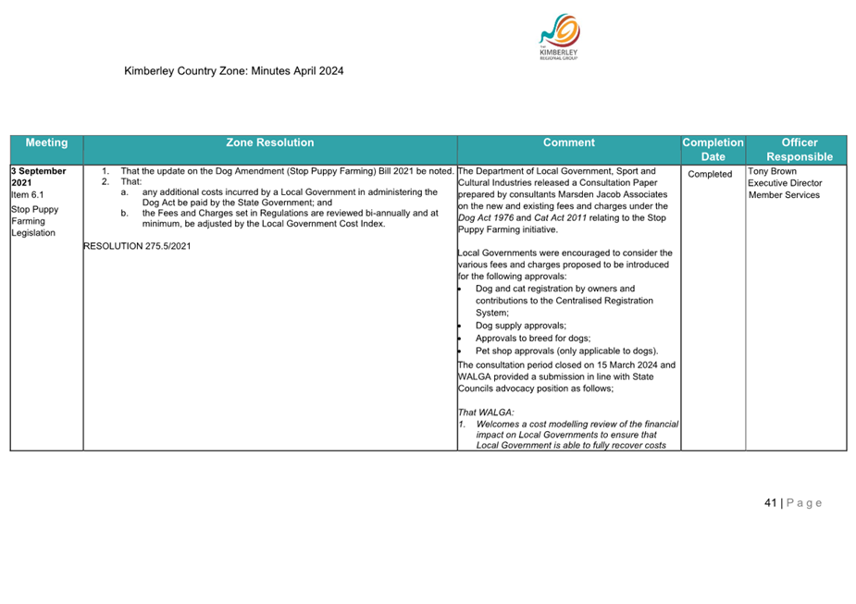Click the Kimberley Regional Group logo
coord(558,38)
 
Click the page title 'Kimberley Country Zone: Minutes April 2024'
coord(234,70)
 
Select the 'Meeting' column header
coord(46,143)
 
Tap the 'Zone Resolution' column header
coord(269,143)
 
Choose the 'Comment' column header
coord(568,143)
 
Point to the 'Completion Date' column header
coord(713,150)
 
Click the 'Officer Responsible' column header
coord(799,150)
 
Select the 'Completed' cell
coord(711,174)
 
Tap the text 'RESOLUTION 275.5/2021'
coord(137,246)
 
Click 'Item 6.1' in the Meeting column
coord(28,195)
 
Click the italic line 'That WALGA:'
coord(486,413)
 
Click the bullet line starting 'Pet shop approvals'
coord(566,351)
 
